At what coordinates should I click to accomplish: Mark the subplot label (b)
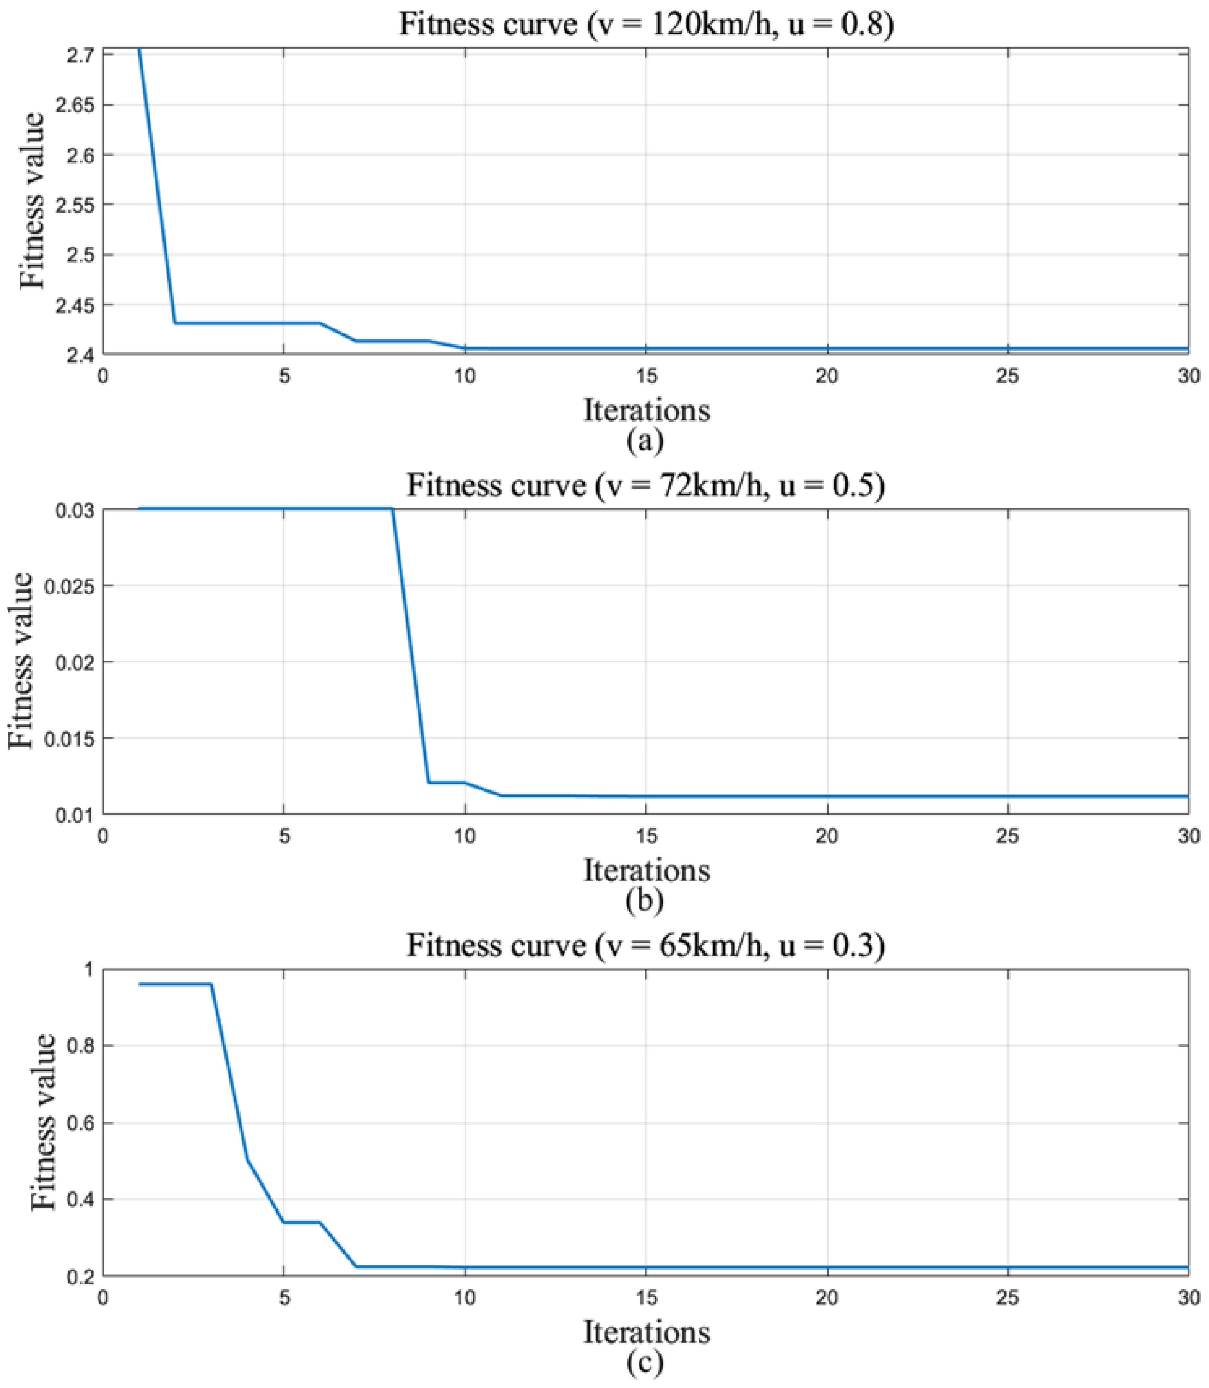pyautogui.click(x=645, y=901)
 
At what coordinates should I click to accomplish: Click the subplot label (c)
pyautogui.click(x=645, y=1363)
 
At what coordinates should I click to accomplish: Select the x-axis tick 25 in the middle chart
pyautogui.click(x=1008, y=836)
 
